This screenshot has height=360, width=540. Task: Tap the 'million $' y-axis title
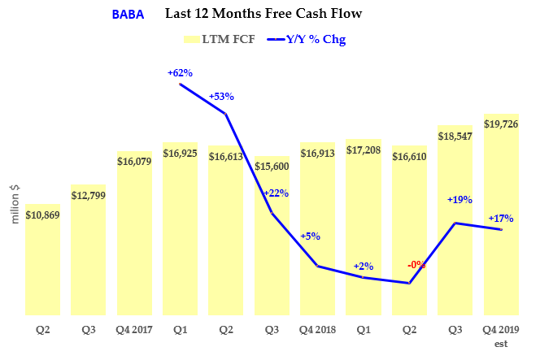[14, 204]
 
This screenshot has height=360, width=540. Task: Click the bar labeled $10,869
[42, 260]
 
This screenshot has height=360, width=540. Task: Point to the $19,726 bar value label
[501, 124]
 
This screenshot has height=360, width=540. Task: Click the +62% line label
[181, 73]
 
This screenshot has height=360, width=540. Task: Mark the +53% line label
[221, 96]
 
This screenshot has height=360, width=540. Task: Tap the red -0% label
[416, 264]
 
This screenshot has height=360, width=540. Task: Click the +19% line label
[459, 199]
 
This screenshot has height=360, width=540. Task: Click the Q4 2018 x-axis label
[317, 331]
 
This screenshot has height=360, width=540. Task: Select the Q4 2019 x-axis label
[501, 331]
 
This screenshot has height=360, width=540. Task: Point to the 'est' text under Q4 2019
[501, 344]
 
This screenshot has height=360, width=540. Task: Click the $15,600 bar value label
[272, 166]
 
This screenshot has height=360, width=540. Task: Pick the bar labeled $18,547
[455, 219]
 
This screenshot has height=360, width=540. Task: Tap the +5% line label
[310, 236]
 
